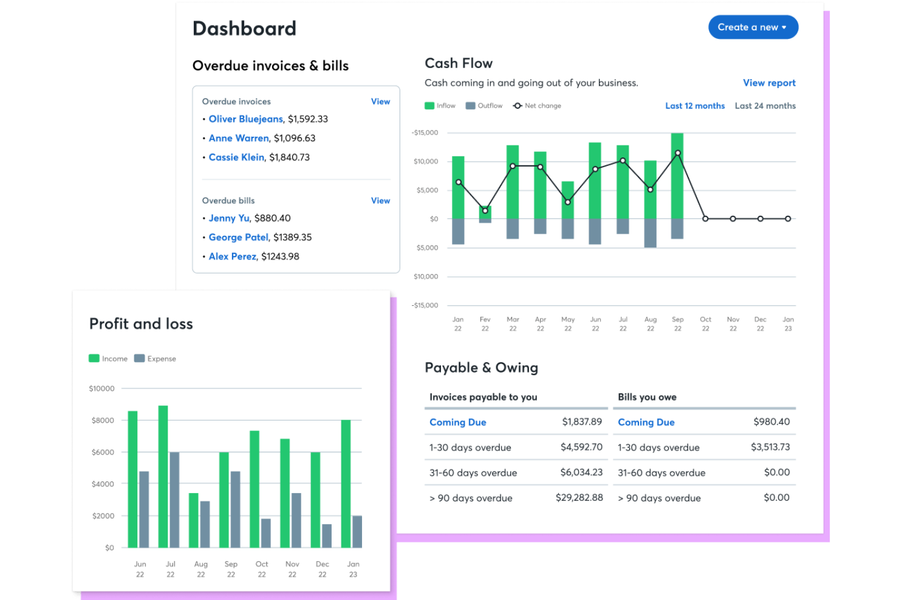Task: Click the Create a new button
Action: [753, 27]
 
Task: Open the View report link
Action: [769, 83]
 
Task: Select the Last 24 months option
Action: [765, 106]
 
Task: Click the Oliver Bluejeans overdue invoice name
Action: [245, 119]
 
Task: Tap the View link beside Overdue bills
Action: [380, 201]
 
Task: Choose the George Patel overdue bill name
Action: [238, 237]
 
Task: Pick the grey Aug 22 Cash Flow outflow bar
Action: [650, 233]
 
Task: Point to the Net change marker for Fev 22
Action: [485, 211]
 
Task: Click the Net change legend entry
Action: [537, 106]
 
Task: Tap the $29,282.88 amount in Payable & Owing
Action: [579, 497]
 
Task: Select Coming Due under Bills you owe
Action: [646, 422]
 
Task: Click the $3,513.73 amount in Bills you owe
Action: [770, 447]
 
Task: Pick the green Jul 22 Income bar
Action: [163, 477]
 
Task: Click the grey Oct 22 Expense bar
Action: [266, 533]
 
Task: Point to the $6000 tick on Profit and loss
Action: [103, 452]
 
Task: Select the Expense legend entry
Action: [155, 359]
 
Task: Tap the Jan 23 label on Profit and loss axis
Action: [353, 569]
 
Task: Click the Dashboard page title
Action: [244, 29]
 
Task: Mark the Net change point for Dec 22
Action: [760, 219]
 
